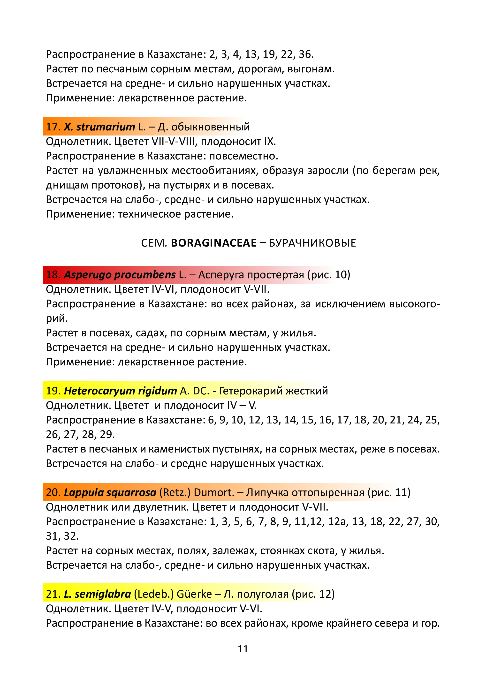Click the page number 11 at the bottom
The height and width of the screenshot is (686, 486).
tap(243, 649)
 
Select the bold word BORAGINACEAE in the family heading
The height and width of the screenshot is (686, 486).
tap(214, 243)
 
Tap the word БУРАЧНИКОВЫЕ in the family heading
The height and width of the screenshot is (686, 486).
tap(312, 243)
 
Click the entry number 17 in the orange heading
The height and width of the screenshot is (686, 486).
tap(52, 127)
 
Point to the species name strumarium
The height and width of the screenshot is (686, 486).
tap(106, 127)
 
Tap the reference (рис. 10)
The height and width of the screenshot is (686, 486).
tap(329, 275)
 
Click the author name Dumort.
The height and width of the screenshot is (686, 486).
tap(214, 492)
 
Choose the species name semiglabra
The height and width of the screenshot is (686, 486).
tap(103, 594)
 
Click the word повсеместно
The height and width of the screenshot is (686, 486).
tap(243, 156)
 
